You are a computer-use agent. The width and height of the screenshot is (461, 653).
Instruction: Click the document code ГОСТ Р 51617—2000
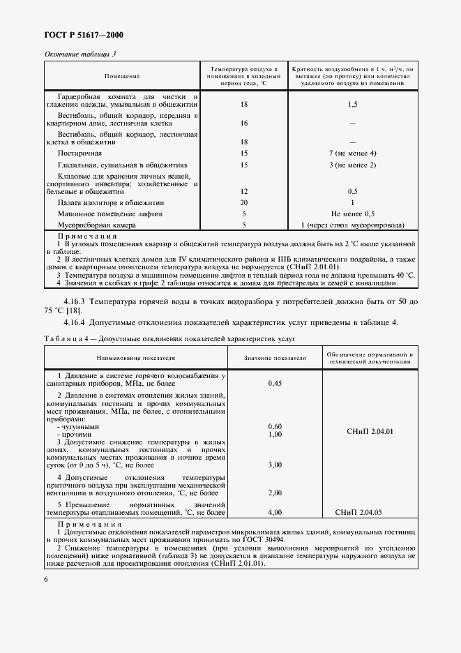click(79, 35)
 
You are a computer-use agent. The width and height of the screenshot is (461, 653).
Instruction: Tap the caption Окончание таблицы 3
click(80, 54)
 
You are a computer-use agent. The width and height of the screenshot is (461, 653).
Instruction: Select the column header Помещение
click(122, 75)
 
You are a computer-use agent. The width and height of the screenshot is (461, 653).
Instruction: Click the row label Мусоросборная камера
click(97, 225)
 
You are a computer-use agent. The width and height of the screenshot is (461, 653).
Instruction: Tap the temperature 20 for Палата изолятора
click(244, 202)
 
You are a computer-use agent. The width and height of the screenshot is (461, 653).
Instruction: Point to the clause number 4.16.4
click(77, 322)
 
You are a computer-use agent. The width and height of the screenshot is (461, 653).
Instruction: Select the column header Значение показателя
click(275, 358)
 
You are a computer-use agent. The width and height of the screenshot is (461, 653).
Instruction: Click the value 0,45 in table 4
click(275, 384)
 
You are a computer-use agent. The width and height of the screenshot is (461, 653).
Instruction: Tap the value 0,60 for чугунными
click(275, 426)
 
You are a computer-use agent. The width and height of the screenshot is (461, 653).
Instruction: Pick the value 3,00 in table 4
click(275, 464)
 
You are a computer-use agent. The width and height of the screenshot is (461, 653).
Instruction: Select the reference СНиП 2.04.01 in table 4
click(370, 430)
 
